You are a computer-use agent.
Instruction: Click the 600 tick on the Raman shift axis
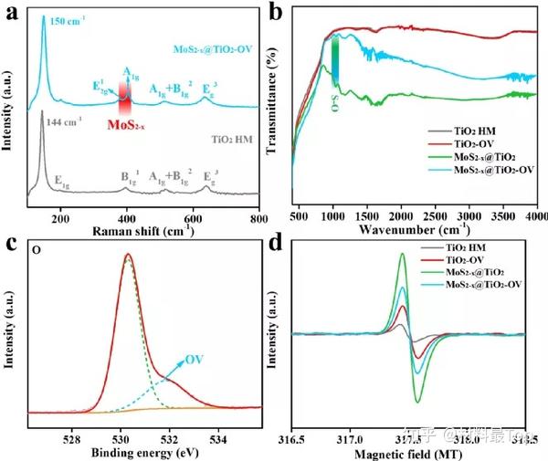pyautogui.click(x=193, y=220)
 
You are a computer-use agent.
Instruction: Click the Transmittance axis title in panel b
pyautogui.click(x=271, y=106)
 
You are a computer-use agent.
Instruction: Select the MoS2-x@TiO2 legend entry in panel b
pyautogui.click(x=484, y=158)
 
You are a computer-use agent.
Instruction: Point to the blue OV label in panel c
pyautogui.click(x=195, y=359)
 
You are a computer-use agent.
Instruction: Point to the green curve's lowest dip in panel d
pyautogui.click(x=417, y=402)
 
